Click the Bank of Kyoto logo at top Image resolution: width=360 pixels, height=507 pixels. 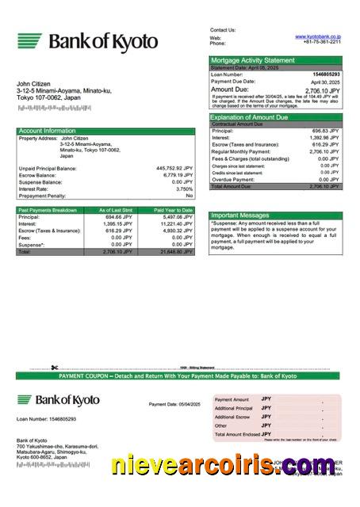point(87,41)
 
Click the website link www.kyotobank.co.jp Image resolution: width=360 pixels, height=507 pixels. point(318,36)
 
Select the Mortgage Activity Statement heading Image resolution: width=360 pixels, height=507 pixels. point(252,59)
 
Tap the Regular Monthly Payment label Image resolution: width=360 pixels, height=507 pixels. point(243,151)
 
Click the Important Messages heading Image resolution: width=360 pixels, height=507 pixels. point(240,215)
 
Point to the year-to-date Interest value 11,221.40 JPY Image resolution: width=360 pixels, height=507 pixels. point(176,223)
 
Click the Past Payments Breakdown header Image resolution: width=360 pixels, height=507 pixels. point(48,210)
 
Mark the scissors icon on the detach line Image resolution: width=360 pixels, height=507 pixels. point(54,367)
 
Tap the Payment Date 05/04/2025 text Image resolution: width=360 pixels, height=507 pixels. point(174,404)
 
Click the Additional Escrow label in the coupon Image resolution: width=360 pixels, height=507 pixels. point(234,417)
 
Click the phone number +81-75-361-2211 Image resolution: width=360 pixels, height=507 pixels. point(322,43)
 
